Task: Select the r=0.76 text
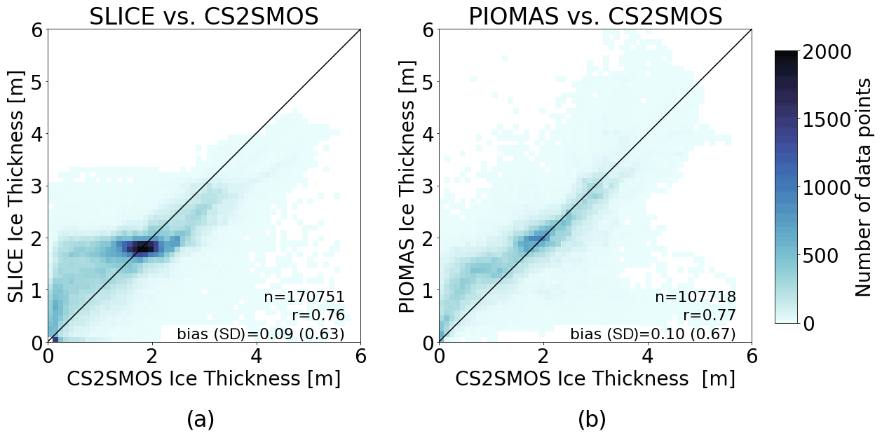point(318,315)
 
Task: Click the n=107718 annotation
point(696,297)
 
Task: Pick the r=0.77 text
point(710,315)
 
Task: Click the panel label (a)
point(201,419)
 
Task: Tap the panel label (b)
point(592,419)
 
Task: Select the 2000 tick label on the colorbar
point(827,52)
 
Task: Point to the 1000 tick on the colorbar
point(827,188)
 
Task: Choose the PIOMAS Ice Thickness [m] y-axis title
point(407,186)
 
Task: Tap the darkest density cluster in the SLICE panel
point(142,247)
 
